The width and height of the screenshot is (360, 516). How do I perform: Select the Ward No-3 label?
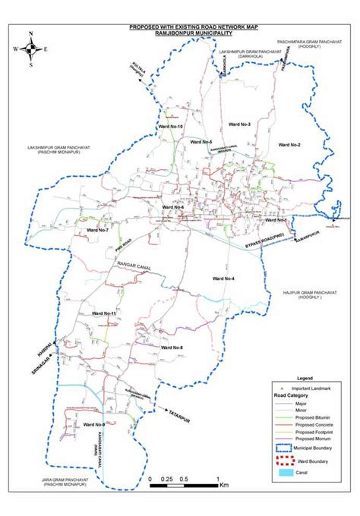point(238,123)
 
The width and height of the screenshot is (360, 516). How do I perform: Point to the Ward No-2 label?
point(289,144)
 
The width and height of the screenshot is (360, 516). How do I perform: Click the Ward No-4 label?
point(224,280)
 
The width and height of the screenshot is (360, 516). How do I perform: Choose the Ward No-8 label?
point(172,348)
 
